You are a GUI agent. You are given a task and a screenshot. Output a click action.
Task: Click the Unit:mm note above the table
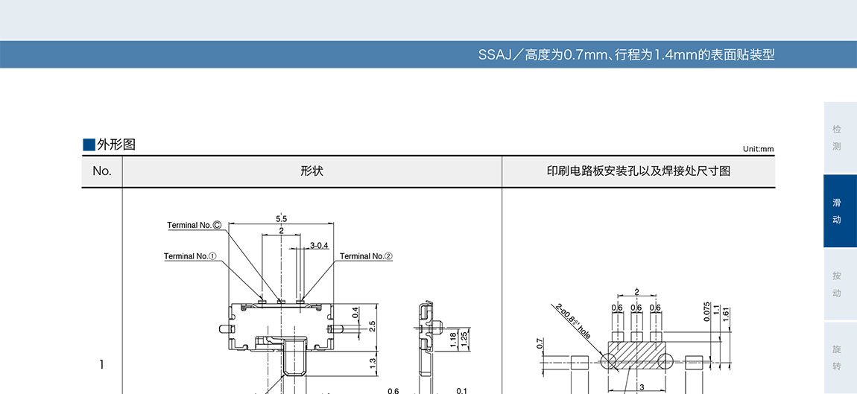(x=758, y=149)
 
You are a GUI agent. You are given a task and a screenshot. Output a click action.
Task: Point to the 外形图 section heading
(x=116, y=144)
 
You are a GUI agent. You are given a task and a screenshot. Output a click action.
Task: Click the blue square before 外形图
(x=89, y=144)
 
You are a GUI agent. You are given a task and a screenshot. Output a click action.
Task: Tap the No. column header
(x=102, y=171)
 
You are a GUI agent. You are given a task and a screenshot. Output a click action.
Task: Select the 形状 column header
(x=312, y=171)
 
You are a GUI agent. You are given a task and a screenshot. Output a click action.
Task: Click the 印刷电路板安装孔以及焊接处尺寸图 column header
(x=638, y=171)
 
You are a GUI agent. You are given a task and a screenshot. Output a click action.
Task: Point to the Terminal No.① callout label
(x=190, y=256)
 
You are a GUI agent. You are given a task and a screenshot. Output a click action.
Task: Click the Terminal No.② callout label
(x=366, y=256)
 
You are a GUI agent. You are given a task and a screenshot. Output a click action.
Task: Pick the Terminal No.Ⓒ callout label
(x=195, y=225)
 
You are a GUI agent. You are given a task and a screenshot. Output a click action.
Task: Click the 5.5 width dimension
(x=281, y=218)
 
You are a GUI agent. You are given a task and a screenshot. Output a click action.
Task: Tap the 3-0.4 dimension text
(x=319, y=245)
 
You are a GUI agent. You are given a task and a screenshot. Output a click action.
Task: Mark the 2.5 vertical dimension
(x=372, y=326)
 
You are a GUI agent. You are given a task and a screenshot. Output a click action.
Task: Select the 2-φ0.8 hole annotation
(x=573, y=321)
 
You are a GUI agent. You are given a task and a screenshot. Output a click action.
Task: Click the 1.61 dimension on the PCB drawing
(x=727, y=314)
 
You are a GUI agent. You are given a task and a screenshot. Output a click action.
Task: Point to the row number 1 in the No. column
(x=102, y=364)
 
